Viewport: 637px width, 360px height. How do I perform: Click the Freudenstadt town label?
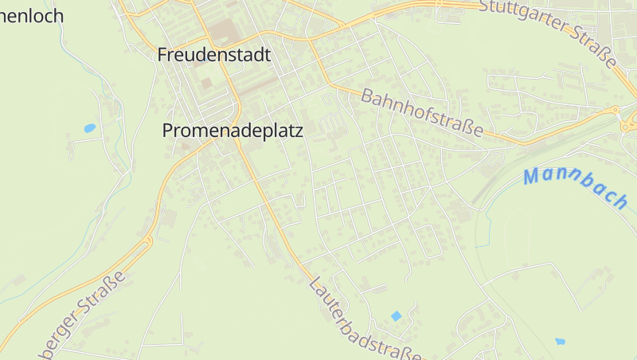[214, 55]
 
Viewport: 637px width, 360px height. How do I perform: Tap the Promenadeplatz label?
[233, 131]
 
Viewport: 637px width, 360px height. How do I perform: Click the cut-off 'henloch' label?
[32, 15]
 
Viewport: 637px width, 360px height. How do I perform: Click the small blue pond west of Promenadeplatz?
[89, 127]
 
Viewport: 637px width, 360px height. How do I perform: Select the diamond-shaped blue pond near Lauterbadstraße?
[396, 316]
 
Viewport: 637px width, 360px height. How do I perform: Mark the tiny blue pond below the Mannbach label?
[560, 342]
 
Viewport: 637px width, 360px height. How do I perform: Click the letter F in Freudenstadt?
[163, 56]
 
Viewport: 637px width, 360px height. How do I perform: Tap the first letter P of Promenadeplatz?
[168, 131]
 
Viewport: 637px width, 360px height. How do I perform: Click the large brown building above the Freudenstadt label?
[224, 33]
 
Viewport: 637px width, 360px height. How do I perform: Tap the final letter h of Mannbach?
[620, 200]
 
